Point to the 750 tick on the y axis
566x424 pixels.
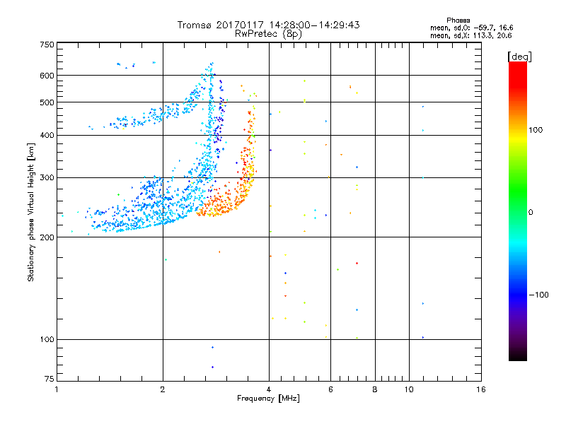point(47,45)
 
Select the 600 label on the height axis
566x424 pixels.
point(47,76)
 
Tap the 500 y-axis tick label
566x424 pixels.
point(47,102)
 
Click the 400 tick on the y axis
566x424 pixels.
point(47,136)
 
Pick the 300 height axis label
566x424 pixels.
point(47,178)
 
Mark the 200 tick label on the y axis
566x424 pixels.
point(47,237)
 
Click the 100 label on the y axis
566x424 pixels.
point(47,340)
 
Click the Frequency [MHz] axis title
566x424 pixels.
point(268,399)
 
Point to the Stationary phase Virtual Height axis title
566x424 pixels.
point(31,212)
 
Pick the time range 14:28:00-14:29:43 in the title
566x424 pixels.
point(313,25)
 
